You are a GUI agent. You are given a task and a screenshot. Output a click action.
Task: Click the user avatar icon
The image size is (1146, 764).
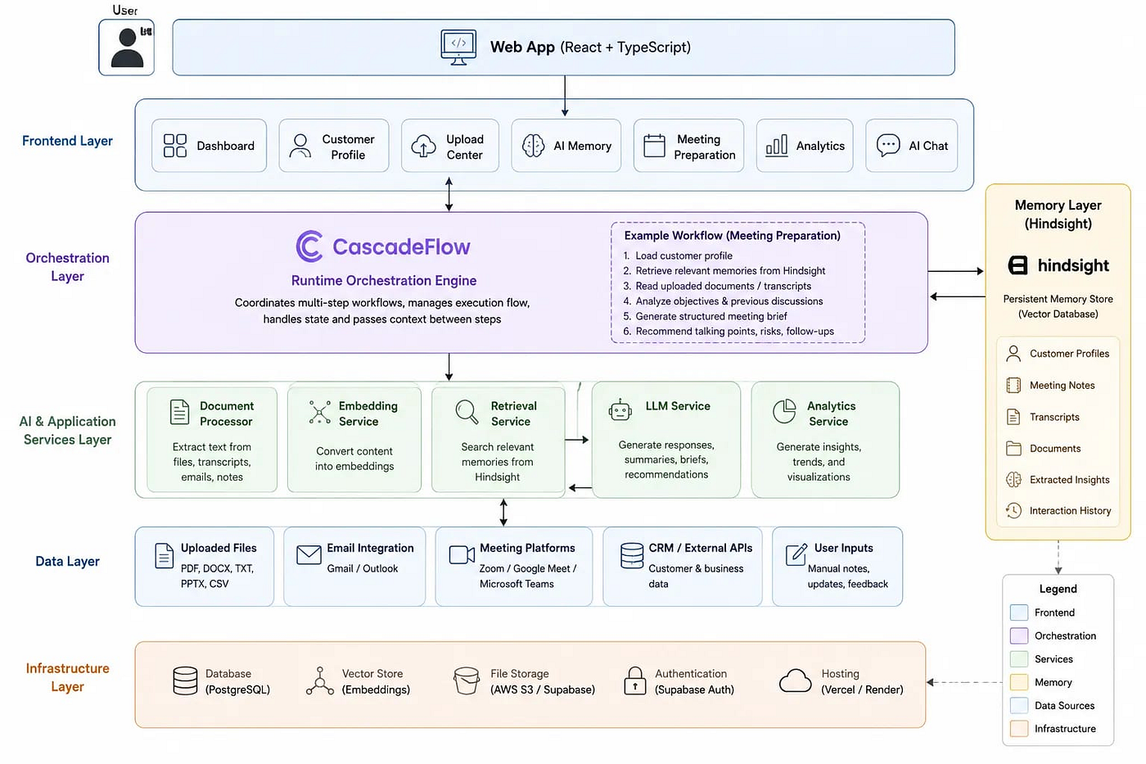pos(127,47)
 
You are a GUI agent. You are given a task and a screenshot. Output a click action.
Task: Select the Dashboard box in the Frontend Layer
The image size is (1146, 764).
pos(209,146)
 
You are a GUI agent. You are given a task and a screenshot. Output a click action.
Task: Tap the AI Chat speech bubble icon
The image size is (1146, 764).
pos(887,145)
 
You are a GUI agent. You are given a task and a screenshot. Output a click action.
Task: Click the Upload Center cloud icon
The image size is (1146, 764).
pos(424,146)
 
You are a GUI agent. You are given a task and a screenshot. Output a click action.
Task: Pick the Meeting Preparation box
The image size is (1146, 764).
pos(688,146)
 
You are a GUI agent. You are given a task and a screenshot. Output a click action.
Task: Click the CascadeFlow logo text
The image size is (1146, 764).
pos(401,246)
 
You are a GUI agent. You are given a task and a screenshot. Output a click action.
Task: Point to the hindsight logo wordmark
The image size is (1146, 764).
pos(1073,265)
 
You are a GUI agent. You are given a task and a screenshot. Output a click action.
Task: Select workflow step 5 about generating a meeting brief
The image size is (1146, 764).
pos(705,316)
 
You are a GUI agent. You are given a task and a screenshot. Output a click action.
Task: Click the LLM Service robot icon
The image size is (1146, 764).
pos(620,410)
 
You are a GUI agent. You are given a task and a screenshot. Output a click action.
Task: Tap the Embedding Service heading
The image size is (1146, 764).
pos(368,414)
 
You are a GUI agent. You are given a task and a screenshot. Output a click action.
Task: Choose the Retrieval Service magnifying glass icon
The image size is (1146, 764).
pos(467,412)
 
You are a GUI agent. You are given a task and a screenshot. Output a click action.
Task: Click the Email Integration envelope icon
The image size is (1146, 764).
pos(309,554)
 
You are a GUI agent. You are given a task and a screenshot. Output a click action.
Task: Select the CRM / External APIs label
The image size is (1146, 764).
pos(701,548)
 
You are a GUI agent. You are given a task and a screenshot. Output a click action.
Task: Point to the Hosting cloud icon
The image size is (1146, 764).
pos(795,680)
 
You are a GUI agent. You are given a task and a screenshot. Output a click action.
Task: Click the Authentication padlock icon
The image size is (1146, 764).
pos(635,680)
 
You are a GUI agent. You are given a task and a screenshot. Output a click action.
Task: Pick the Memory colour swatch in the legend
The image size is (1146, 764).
pos(1018,682)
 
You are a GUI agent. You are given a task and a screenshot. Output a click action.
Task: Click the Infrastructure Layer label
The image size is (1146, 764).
pos(67,677)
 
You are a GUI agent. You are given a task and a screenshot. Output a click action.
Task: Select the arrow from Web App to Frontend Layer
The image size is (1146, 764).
pos(565,96)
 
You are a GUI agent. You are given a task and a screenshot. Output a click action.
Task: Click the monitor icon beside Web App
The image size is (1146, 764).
pos(458,47)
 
